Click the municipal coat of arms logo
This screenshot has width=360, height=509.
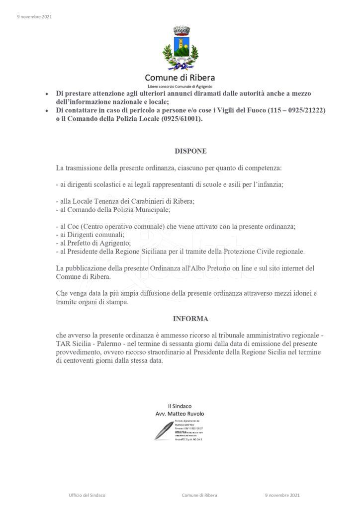point(180,48)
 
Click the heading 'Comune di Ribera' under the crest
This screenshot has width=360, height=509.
point(180,78)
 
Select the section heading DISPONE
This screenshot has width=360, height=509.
point(190,151)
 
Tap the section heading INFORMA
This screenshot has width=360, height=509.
point(190,318)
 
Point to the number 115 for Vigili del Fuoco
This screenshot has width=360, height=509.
point(274,110)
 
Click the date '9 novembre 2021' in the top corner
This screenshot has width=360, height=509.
point(34,17)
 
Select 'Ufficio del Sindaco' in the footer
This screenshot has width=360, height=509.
point(87,495)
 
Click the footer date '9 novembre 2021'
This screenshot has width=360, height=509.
point(282,495)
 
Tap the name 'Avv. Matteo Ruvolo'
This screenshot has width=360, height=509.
point(180,414)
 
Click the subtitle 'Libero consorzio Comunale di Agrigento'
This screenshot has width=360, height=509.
point(180,86)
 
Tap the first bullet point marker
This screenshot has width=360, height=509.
point(47,93)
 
